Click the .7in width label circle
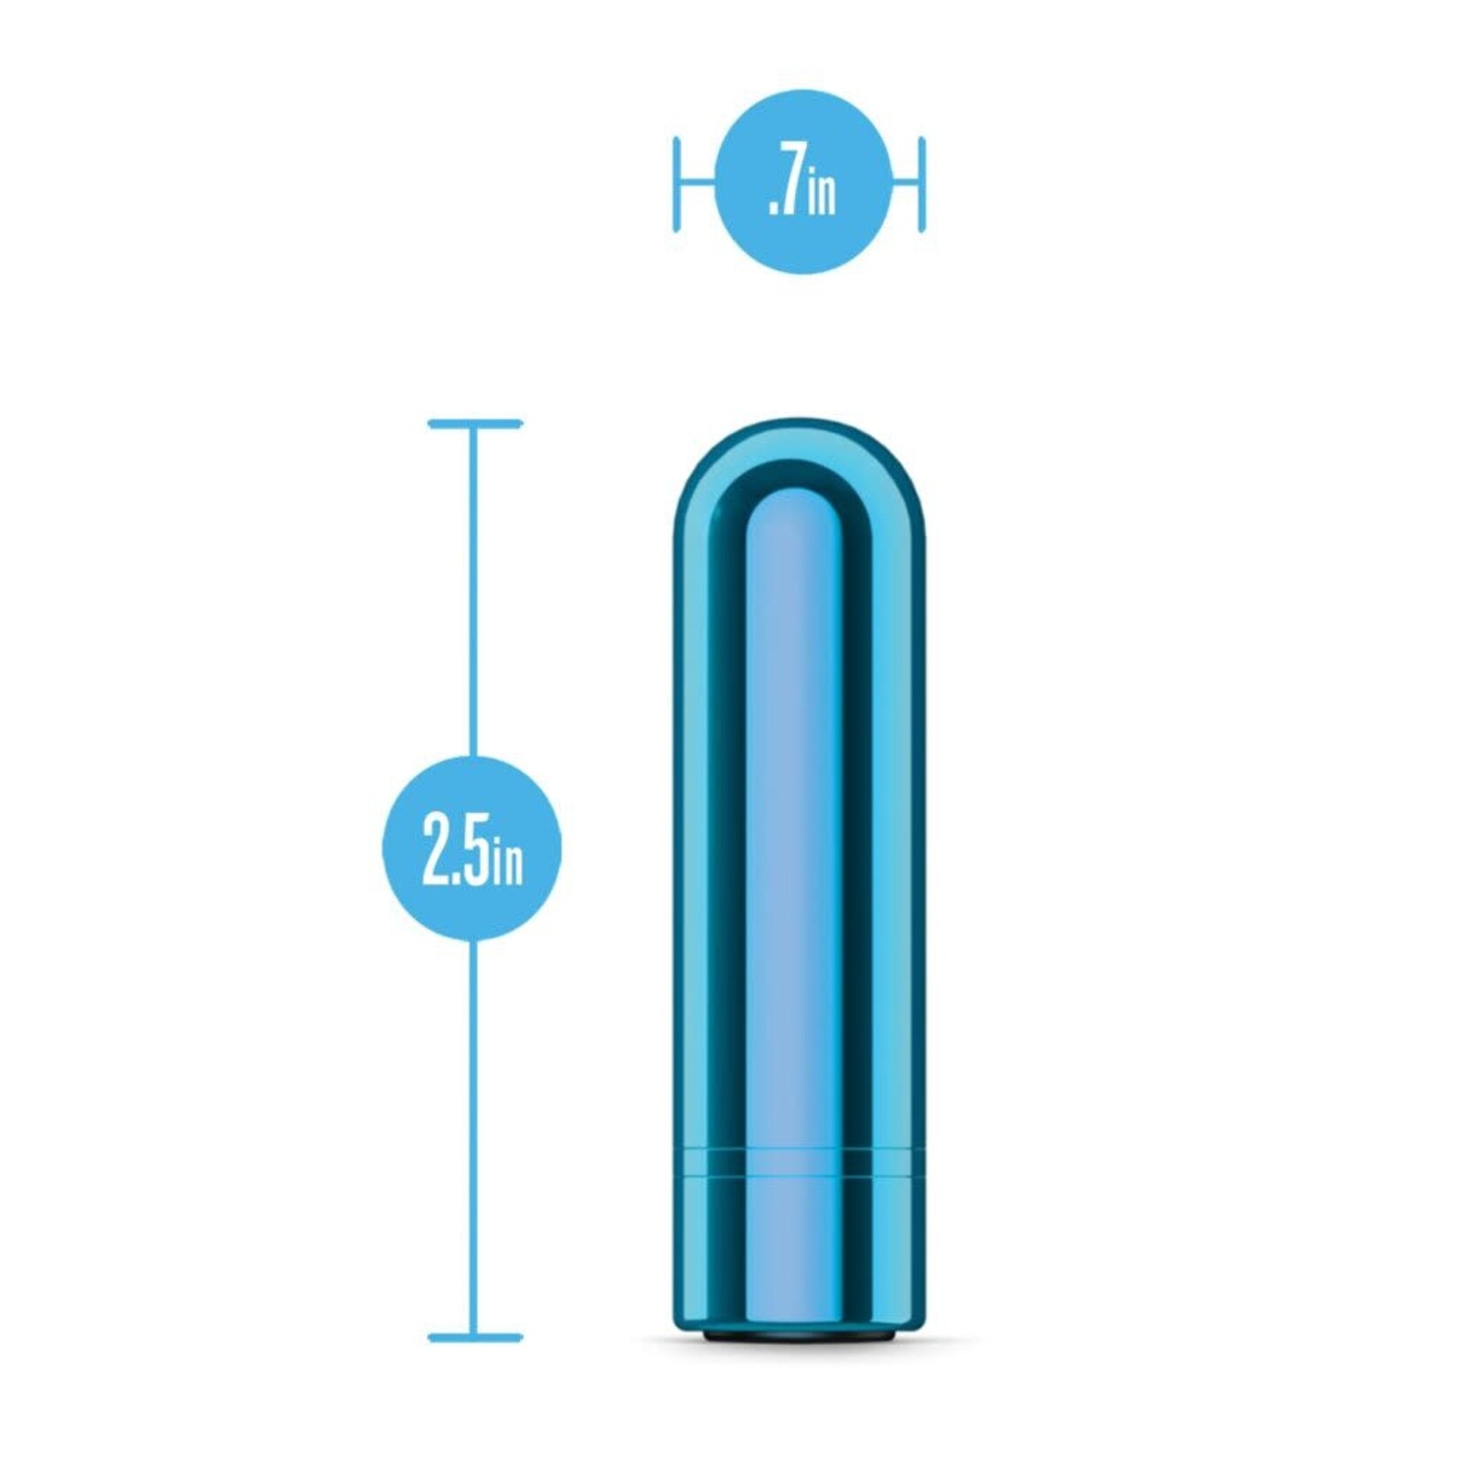(802, 181)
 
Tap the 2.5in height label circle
(471, 848)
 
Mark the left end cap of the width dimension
(676, 184)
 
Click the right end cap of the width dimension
(922, 184)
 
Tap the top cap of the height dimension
(475, 424)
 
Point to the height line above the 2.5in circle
(474, 592)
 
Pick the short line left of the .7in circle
(696, 184)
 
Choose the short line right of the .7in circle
(907, 184)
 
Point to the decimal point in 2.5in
(457, 878)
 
